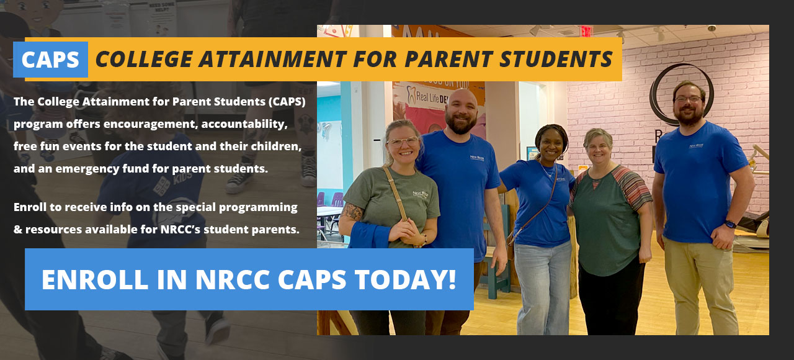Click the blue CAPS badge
coord(50,60)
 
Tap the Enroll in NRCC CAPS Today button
coord(249,279)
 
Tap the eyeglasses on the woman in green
coord(403,142)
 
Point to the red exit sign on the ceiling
coord(586,31)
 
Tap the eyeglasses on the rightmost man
coord(688,99)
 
